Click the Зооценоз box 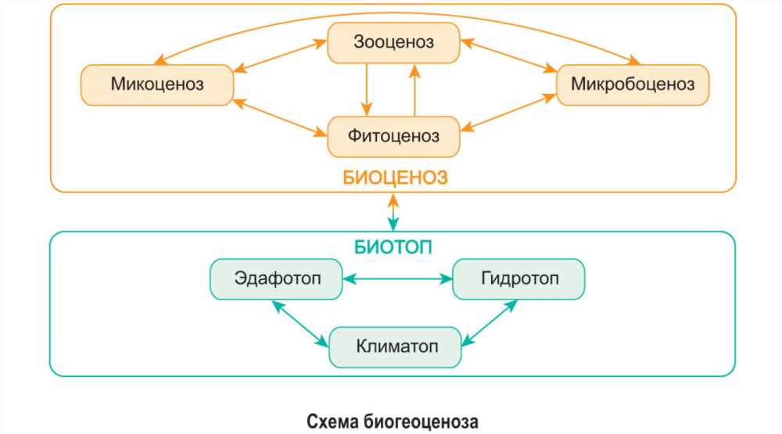393,42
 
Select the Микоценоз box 157,84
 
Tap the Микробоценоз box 633,84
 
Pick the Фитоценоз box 393,137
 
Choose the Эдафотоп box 276,279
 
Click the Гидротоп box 518,279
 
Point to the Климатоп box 395,347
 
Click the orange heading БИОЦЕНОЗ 395,178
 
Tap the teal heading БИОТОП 393,247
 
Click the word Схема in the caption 332,421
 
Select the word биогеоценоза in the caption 421,421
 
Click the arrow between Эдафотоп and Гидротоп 397,279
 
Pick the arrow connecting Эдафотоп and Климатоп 300,324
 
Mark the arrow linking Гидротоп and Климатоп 490,323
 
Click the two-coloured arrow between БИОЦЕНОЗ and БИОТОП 393,213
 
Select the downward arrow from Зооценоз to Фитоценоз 367,90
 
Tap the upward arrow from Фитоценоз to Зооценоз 414,90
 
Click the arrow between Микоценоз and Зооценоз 280,56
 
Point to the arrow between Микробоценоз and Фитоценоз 508,113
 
